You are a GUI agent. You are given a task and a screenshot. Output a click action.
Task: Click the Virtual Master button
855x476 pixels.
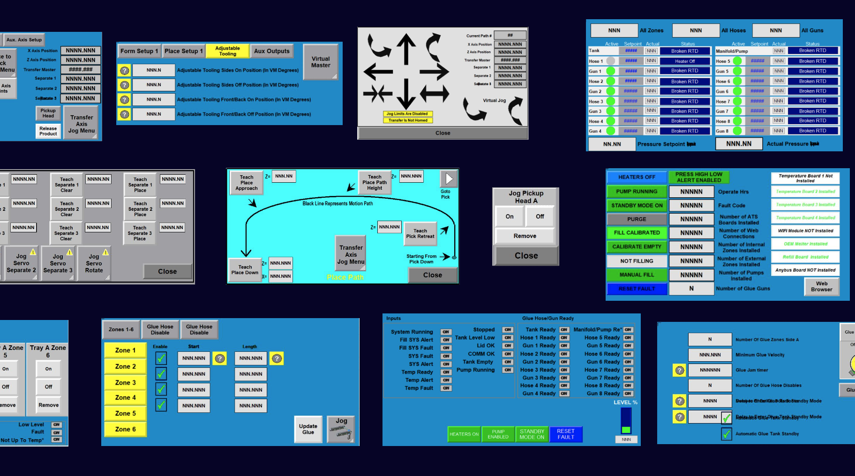(321, 62)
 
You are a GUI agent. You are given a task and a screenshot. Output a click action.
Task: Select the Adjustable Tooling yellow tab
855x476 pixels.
(227, 51)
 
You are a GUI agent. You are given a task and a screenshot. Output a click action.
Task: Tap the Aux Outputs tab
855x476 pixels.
(272, 51)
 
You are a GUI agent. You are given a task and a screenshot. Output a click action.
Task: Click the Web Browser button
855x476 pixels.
(821, 286)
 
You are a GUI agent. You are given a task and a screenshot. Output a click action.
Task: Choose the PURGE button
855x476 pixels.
(637, 219)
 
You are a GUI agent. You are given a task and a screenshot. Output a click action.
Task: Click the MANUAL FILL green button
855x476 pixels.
(637, 275)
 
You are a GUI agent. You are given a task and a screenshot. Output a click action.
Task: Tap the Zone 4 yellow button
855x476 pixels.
(125, 397)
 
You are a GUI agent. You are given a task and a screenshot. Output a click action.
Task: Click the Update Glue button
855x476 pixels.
(308, 429)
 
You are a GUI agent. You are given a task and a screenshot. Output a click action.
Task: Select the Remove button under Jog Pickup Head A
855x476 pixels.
(525, 236)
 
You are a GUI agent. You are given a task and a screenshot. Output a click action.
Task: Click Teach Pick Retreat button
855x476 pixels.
(420, 233)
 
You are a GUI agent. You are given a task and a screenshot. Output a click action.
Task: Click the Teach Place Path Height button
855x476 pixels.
(375, 182)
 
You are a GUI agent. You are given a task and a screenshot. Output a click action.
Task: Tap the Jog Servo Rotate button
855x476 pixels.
(94, 263)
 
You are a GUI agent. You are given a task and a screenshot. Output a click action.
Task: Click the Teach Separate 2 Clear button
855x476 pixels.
(67, 209)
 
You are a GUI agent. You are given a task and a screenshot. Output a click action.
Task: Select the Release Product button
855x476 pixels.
(48, 131)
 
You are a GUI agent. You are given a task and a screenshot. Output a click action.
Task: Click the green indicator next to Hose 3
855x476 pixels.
(610, 101)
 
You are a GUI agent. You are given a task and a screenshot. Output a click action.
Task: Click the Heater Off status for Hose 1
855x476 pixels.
(685, 61)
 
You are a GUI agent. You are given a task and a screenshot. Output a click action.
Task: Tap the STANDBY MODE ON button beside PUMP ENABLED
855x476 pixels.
(532, 434)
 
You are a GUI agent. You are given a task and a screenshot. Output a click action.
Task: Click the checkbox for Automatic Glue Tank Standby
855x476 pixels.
(726, 434)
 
